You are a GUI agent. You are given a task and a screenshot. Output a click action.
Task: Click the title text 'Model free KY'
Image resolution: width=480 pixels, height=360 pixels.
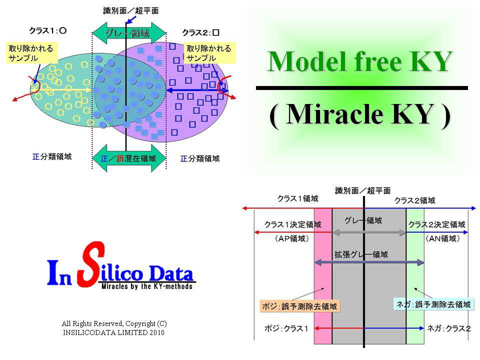[359, 61]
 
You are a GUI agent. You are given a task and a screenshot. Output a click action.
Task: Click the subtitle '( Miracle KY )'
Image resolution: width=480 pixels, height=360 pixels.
[360, 114]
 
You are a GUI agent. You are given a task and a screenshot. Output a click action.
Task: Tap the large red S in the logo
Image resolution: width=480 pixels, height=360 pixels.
[91, 264]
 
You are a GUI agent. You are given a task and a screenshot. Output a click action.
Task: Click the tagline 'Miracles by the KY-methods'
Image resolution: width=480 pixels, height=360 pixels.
[147, 286]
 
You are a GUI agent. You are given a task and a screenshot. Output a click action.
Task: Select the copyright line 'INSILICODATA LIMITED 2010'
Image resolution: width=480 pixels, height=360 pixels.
[113, 332]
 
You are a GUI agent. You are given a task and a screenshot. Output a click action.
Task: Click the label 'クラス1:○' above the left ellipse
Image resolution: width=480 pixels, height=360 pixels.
[48, 30]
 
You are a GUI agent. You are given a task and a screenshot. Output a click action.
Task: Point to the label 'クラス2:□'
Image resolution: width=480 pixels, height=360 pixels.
[201, 32]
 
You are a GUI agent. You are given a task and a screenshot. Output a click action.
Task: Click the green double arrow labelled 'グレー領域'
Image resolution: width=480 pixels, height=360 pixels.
[129, 32]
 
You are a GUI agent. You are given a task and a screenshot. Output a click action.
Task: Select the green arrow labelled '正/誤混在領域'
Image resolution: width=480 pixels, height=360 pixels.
[129, 158]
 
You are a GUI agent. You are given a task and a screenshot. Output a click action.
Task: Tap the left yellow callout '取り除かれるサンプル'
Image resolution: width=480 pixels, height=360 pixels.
[31, 53]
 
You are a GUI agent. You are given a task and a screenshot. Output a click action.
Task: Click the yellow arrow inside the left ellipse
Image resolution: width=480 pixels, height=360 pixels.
[64, 89]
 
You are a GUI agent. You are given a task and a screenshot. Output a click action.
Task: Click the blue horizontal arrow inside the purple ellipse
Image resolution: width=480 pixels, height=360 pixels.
[196, 90]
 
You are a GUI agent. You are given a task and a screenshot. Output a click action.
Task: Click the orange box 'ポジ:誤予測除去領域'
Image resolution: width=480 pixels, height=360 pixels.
[299, 306]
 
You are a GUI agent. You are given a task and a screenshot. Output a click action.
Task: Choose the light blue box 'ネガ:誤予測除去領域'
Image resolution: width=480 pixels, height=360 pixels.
[433, 304]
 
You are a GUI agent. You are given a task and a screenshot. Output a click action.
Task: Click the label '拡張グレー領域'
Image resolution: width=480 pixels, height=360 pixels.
[361, 254]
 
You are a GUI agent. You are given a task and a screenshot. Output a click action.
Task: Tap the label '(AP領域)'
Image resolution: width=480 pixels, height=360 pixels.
[292, 238]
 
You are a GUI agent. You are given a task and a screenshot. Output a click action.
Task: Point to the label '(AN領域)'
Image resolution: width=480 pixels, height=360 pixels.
[442, 238]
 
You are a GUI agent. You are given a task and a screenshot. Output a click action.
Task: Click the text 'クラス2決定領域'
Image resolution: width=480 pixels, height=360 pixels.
[437, 224]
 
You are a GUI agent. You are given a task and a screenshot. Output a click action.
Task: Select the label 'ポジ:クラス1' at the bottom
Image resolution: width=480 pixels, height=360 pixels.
[286, 328]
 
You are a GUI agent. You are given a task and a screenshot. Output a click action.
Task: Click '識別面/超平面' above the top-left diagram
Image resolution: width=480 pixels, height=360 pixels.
[131, 10]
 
